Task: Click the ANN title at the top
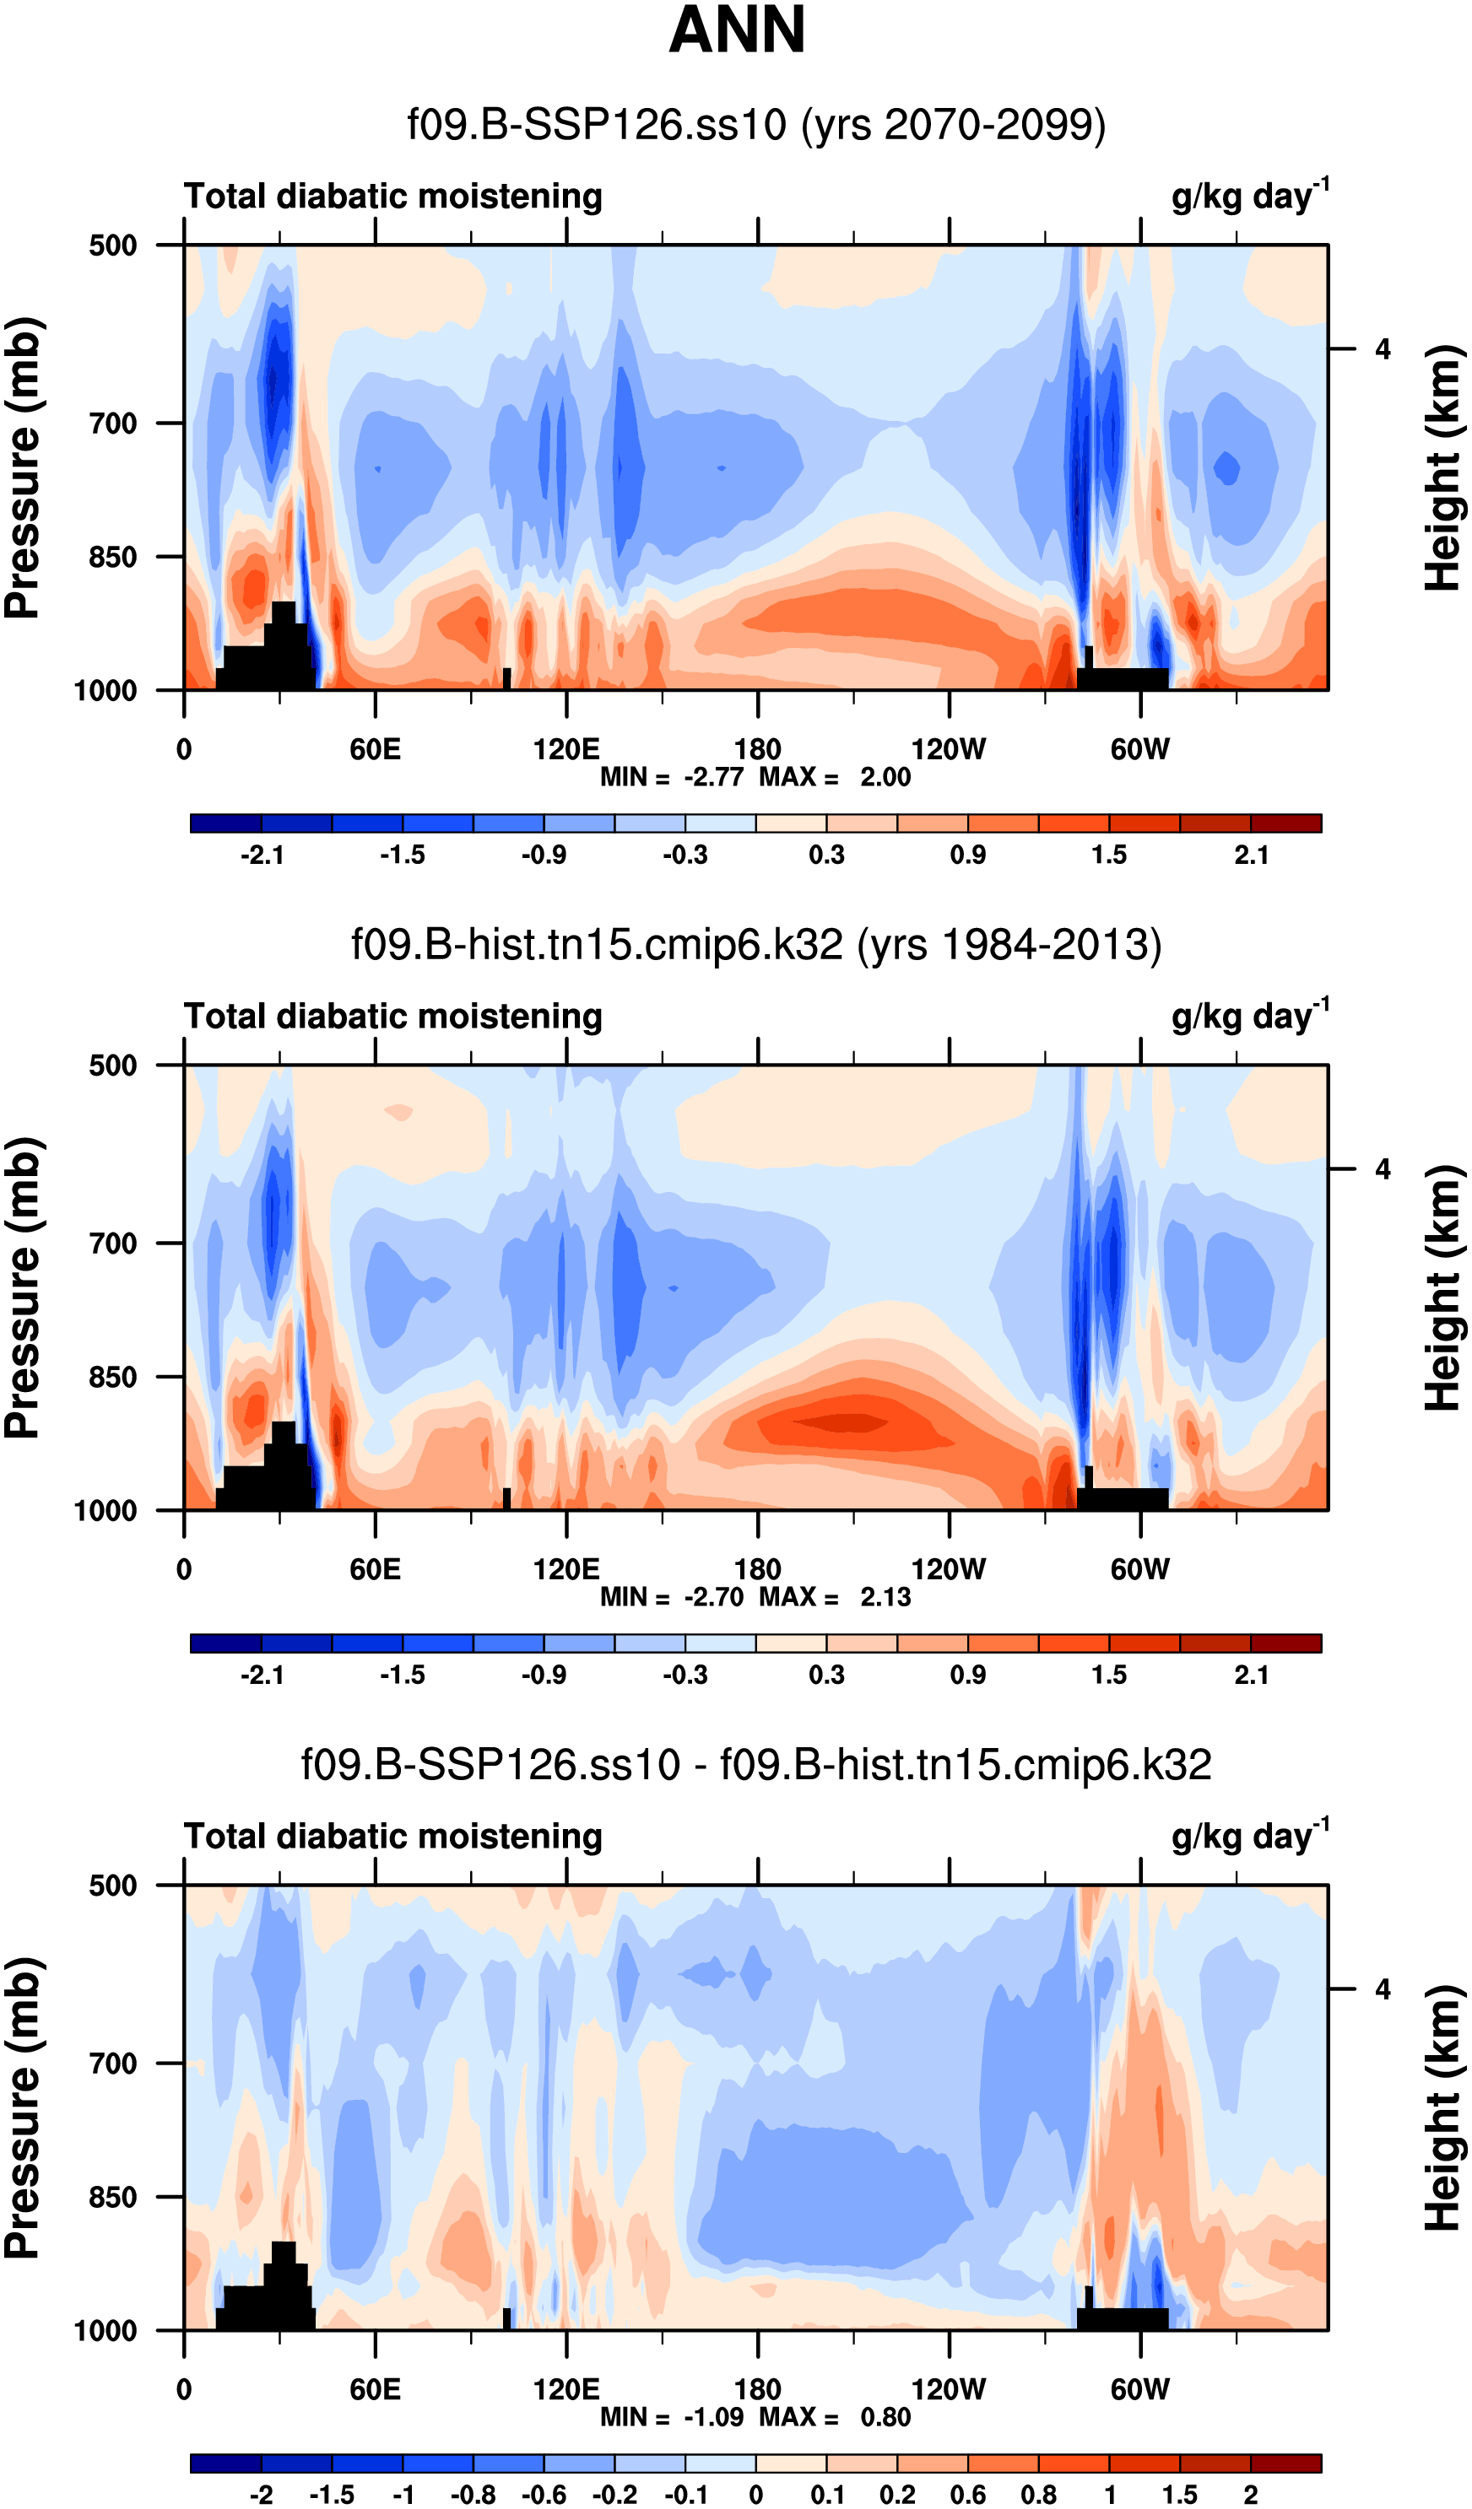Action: pos(737,30)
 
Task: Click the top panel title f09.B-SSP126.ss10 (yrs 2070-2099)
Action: pos(756,126)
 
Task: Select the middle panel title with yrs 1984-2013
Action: pos(756,945)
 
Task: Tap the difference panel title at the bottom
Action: pos(756,1765)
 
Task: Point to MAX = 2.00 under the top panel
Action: pos(835,778)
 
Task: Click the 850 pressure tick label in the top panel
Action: pos(112,558)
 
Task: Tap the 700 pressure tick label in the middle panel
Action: pos(112,1244)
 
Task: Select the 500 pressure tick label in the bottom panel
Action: pos(112,1886)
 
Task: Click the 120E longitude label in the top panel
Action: pos(566,750)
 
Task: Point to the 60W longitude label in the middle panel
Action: pos(1139,1570)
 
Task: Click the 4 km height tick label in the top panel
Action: pos(1383,349)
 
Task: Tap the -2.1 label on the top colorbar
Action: pos(262,855)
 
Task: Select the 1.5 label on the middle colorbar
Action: pos(1108,1675)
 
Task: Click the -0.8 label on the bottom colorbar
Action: pos(472,2495)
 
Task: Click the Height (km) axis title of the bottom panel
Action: pos(1442,2107)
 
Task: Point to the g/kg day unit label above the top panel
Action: pos(1249,196)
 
